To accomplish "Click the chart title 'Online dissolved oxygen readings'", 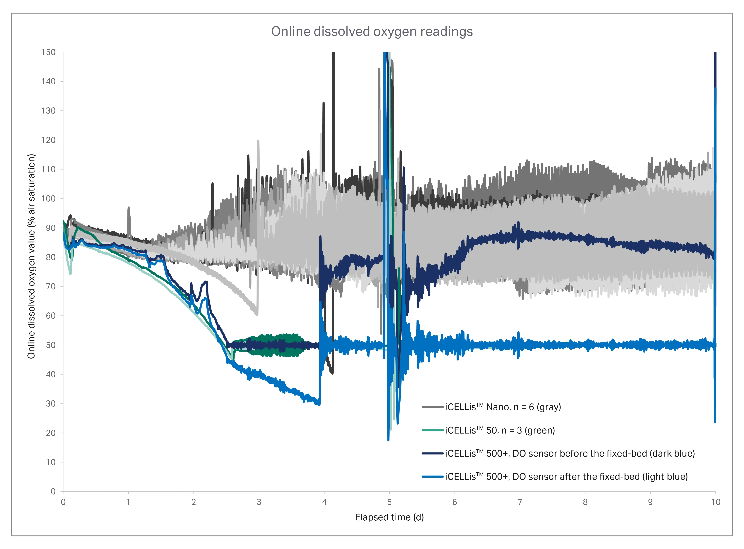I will pos(372,32).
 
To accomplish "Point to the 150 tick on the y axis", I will pos(49,53).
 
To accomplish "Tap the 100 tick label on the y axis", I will pos(49,199).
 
